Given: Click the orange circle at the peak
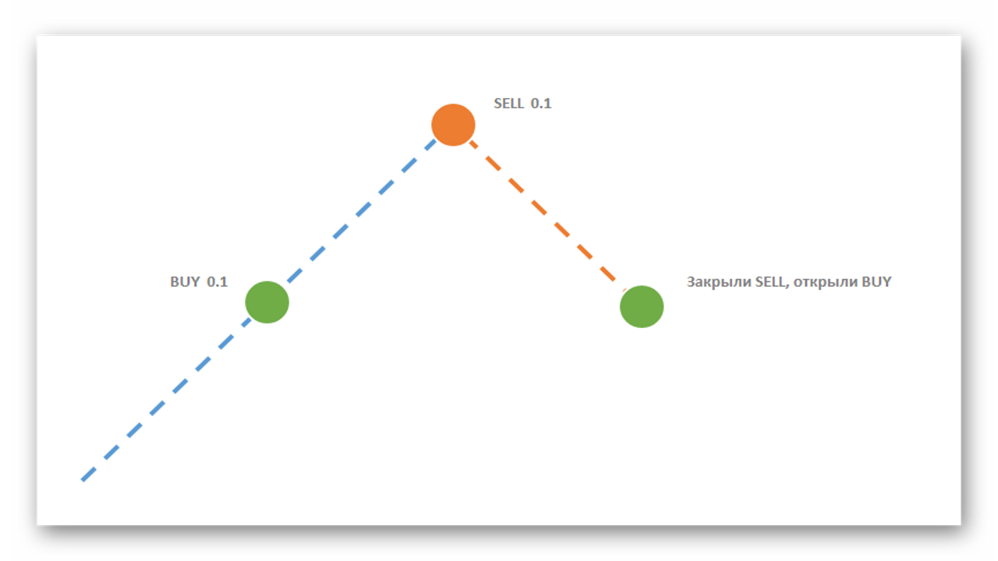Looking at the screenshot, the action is pos(453,125).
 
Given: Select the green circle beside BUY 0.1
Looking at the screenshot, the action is pos(267,302).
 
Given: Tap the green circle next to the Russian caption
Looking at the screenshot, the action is pos(642,307).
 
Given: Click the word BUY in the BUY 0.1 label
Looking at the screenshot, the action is pos(185,282).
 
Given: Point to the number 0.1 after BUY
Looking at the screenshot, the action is pos(218,282).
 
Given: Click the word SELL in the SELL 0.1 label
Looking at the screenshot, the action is pos(509,104).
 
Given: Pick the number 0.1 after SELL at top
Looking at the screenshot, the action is pos(541,104).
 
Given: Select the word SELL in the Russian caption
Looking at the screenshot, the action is pos(770,282).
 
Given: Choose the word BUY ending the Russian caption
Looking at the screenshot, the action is pos(876,282).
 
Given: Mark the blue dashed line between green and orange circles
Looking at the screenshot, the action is pos(362,211).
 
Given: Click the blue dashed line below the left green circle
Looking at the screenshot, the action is pos(166,400).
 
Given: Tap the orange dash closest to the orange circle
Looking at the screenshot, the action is pos(473,144).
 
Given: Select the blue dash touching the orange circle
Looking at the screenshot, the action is pos(430,145).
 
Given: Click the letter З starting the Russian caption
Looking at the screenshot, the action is pos(691,282).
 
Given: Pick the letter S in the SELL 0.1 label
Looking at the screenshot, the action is pos(497,104).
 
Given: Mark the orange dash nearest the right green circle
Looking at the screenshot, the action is pos(608,273).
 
